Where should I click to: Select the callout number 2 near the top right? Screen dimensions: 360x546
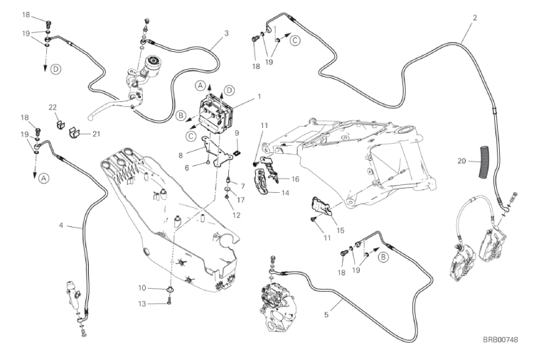click(226, 33)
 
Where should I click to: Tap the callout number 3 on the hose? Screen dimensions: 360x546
click(61, 226)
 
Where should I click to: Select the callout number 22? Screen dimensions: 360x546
click(52, 107)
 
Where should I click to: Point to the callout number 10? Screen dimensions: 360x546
click(143, 287)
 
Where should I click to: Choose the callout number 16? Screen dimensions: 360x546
click(295, 179)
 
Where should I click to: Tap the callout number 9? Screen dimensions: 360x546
click(237, 132)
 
